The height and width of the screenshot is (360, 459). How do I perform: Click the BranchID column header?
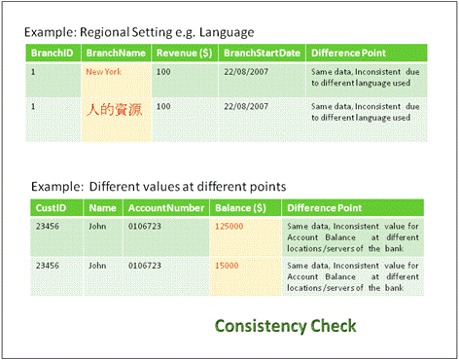[x=52, y=53]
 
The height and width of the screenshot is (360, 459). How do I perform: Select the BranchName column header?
[x=115, y=53]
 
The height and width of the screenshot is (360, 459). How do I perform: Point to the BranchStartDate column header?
[x=260, y=53]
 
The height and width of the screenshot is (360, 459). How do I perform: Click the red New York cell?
[x=104, y=72]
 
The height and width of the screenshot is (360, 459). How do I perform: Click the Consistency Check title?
[x=285, y=325]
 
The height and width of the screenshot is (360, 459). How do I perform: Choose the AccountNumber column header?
[x=165, y=207]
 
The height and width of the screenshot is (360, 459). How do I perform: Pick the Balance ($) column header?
[x=242, y=207]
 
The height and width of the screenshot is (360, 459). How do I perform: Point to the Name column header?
[x=102, y=207]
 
